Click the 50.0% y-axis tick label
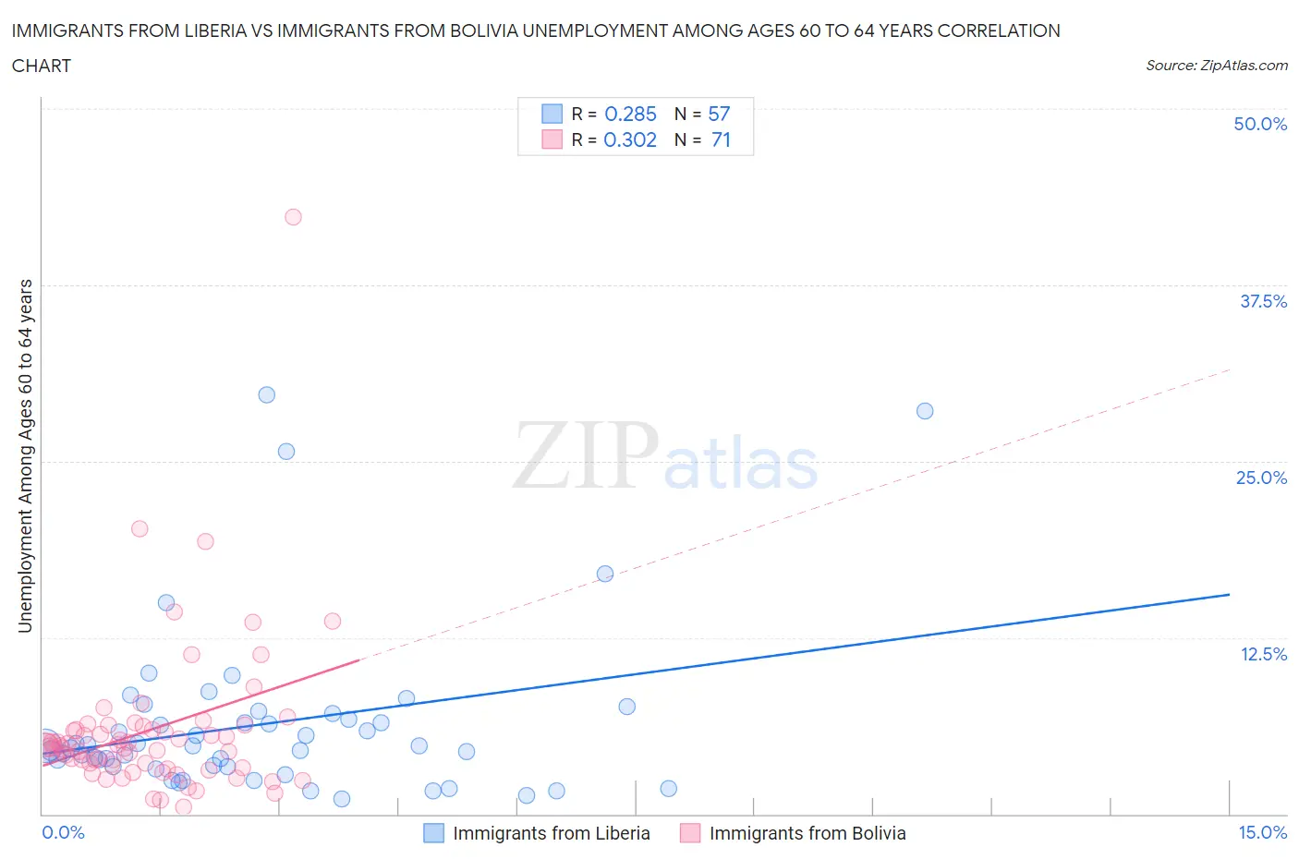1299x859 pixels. pyautogui.click(x=1260, y=124)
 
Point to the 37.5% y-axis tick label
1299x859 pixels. pyautogui.click(x=1263, y=301)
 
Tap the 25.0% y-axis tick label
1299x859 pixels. pyautogui.click(x=1261, y=478)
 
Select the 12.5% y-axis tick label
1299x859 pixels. pyautogui.click(x=1263, y=654)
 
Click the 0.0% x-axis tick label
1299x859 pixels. pyautogui.click(x=63, y=832)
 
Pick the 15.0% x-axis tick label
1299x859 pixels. pyautogui.click(x=1262, y=832)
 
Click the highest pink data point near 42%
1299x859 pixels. pyautogui.click(x=293, y=217)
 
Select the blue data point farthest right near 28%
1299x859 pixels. pyautogui.click(x=925, y=411)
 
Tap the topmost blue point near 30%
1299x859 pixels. pyautogui.click(x=267, y=394)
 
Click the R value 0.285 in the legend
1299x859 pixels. pyautogui.click(x=630, y=114)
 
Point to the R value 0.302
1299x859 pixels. pyautogui.click(x=630, y=139)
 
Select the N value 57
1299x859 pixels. pyautogui.click(x=719, y=114)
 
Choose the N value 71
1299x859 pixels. pyautogui.click(x=721, y=139)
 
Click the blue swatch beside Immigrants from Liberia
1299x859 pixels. pyautogui.click(x=433, y=833)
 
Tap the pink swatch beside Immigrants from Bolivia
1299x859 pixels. pyautogui.click(x=689, y=833)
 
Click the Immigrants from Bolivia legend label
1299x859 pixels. pyautogui.click(x=807, y=833)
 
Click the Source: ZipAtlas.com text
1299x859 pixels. pyautogui.click(x=1216, y=65)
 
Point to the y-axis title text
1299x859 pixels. pyautogui.click(x=25, y=455)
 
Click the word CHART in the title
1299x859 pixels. pyautogui.click(x=42, y=66)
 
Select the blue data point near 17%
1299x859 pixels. pyautogui.click(x=605, y=574)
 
